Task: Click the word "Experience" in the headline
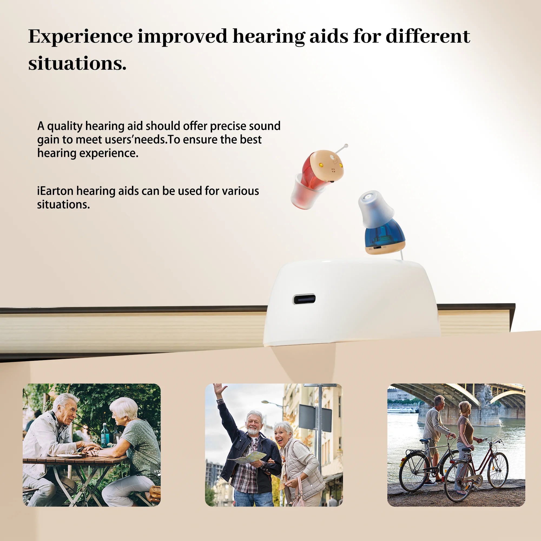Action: point(81,37)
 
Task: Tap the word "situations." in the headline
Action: point(77,64)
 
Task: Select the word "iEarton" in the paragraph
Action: point(55,191)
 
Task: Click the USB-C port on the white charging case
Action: point(304,299)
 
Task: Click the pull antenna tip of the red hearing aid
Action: point(347,146)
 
